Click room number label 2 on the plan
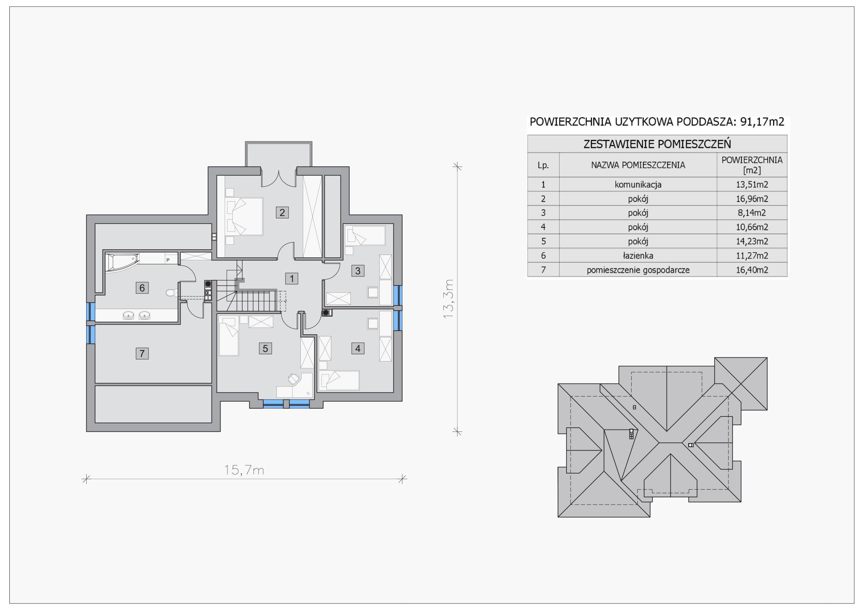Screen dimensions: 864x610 282,212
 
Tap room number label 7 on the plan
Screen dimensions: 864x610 142,353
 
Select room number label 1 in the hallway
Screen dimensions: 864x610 291,279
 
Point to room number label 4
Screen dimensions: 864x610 358,349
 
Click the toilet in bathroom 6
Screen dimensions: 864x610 172,292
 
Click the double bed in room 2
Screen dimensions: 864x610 245,216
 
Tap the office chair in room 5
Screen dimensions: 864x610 293,379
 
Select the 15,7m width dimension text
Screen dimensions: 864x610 244,470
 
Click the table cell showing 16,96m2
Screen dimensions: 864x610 752,199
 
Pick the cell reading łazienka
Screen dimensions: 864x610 638,256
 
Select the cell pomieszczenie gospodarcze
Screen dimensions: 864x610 638,270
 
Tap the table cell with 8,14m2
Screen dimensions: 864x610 752,213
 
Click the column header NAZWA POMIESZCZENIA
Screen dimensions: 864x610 638,165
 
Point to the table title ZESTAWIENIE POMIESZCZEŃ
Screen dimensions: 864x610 657,144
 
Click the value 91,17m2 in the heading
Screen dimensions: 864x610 762,122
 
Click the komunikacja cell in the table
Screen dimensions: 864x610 638,185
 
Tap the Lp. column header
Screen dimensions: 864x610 543,165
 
